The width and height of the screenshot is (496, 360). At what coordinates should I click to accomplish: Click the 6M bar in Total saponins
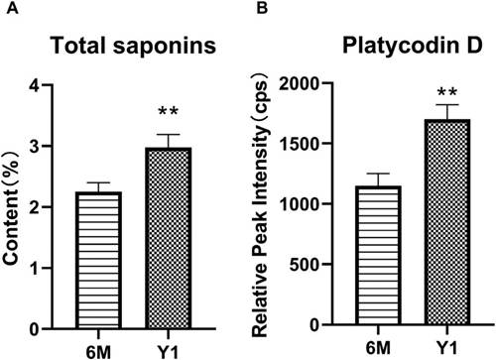[98, 260]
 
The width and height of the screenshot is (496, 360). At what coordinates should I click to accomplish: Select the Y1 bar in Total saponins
[169, 238]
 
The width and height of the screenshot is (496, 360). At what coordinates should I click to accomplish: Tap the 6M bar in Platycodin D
[378, 255]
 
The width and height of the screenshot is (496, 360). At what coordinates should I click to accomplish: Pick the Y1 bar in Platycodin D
[447, 222]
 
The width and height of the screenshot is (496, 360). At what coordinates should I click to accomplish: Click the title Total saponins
[133, 45]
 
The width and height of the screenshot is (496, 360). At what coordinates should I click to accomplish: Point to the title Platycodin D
[413, 45]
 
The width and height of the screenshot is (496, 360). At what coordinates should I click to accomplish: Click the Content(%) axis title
[11, 207]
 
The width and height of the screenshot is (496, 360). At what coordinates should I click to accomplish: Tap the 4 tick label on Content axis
[35, 85]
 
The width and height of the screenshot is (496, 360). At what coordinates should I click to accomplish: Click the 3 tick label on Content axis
[35, 146]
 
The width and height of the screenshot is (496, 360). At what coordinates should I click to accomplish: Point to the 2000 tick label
[300, 82]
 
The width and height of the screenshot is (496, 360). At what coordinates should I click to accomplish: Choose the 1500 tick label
[300, 143]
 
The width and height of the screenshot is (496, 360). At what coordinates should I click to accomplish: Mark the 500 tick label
[305, 264]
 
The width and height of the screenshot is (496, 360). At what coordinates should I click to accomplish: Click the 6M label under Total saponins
[98, 352]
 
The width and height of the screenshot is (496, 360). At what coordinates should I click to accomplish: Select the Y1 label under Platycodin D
[447, 348]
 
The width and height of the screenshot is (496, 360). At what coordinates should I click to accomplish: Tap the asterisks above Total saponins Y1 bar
[169, 111]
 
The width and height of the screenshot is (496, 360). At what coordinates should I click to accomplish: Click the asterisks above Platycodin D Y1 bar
[447, 91]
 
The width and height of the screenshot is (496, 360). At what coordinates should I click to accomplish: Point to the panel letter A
[12, 8]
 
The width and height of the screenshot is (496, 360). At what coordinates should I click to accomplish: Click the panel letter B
[262, 8]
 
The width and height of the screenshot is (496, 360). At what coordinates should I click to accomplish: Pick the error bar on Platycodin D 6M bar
[378, 180]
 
